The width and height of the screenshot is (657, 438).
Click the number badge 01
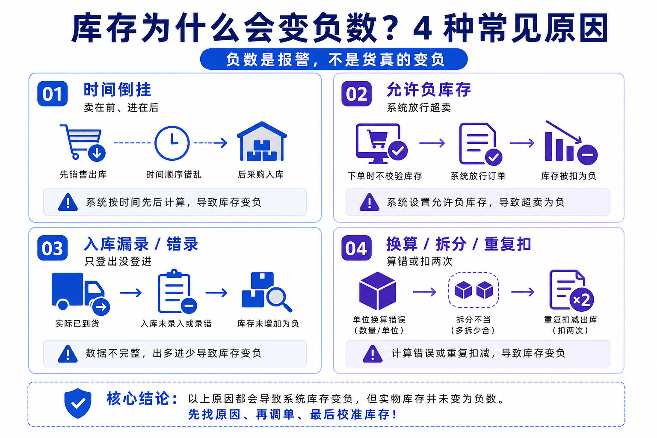(53, 94)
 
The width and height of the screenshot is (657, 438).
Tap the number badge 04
(356, 248)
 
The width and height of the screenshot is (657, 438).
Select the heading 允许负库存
(429, 89)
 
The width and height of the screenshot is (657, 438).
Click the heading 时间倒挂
(117, 89)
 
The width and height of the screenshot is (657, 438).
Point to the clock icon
(172, 143)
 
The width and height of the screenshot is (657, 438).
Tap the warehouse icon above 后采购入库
(262, 141)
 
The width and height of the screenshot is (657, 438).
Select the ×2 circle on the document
(582, 299)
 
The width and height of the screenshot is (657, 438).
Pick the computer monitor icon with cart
(382, 144)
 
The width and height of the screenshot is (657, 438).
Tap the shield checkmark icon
(78, 403)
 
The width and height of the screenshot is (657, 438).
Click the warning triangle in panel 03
(68, 354)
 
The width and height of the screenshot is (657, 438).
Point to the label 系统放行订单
(478, 176)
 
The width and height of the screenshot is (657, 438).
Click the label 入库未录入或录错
(176, 324)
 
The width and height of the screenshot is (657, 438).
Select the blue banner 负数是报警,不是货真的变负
(334, 59)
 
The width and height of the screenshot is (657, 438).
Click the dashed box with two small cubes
(474, 290)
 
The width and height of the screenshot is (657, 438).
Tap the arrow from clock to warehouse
(210, 143)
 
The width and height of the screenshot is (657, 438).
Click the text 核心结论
(142, 399)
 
